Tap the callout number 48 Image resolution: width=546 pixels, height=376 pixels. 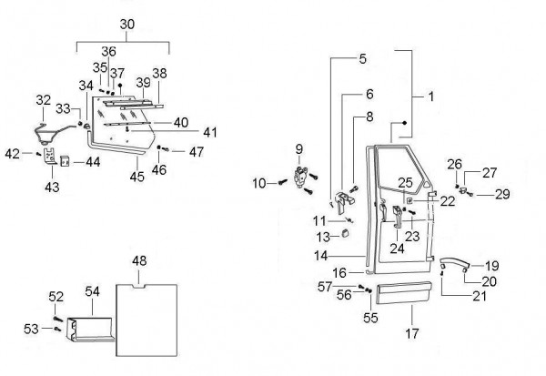click(x=139, y=261)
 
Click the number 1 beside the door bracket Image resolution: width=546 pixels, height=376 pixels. click(x=430, y=94)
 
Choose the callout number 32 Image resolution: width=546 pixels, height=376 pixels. click(x=44, y=100)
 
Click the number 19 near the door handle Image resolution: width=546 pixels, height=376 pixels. click(x=491, y=266)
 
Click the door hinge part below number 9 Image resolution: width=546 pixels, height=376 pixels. click(x=302, y=177)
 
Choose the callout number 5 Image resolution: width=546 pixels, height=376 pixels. click(x=362, y=59)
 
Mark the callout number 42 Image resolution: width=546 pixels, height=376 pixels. click(x=12, y=154)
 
